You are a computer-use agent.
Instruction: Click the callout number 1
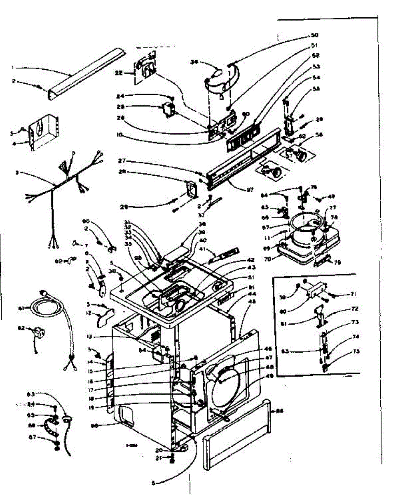(x=13, y=68)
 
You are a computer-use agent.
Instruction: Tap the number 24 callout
(x=120, y=97)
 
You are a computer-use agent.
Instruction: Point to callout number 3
(x=16, y=173)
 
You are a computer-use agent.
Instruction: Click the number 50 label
(x=314, y=35)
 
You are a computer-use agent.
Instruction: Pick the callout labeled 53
(x=316, y=67)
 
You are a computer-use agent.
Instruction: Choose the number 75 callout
(x=344, y=352)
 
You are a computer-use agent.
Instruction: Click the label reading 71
(x=341, y=295)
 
